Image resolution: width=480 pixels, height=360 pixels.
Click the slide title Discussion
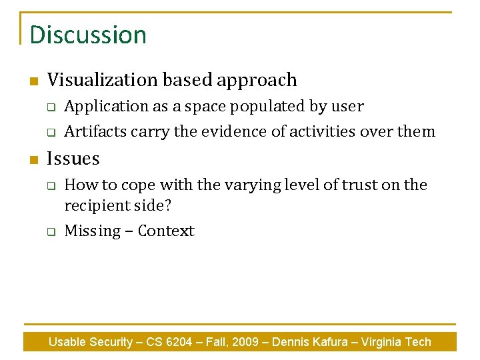[x=88, y=35]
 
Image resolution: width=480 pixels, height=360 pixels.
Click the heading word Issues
[x=73, y=159]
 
